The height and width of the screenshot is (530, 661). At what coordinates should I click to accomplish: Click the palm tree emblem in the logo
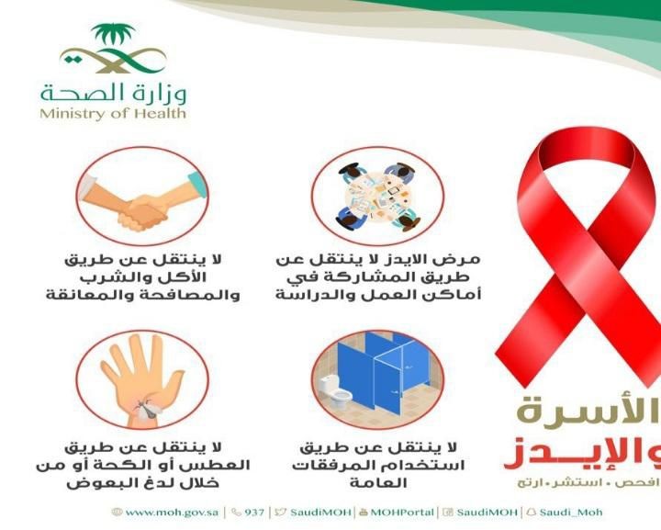[x=113, y=35]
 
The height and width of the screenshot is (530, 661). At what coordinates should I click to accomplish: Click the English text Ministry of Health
[x=113, y=113]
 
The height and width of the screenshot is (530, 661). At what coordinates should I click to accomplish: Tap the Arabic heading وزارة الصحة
[x=114, y=92]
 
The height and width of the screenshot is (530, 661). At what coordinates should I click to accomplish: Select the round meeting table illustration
[x=377, y=197]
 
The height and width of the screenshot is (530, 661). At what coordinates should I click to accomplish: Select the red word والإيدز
[x=583, y=454]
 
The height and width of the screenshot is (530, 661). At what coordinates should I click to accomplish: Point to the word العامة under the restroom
[x=378, y=482]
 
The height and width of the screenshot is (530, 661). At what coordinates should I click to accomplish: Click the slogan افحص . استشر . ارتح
[x=588, y=483]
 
